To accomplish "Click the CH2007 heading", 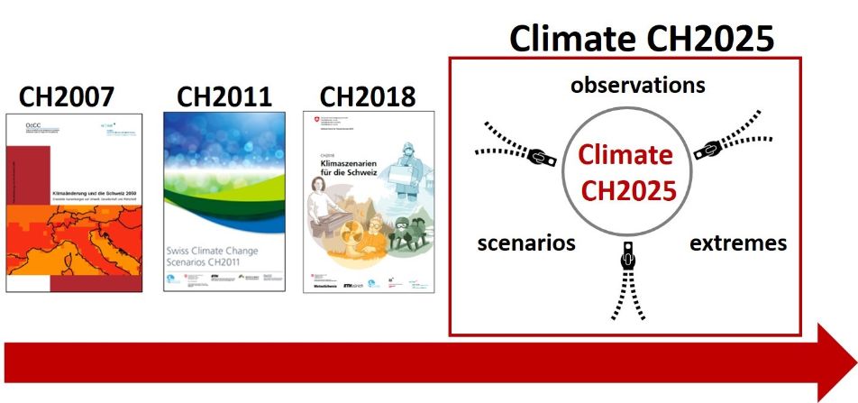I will tap(73, 96).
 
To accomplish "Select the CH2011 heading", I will tap(224, 96).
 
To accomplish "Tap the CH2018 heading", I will tap(368, 96).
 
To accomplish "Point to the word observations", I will tap(637, 86).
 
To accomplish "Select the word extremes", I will tap(737, 243).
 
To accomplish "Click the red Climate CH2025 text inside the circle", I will tap(625, 172).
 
